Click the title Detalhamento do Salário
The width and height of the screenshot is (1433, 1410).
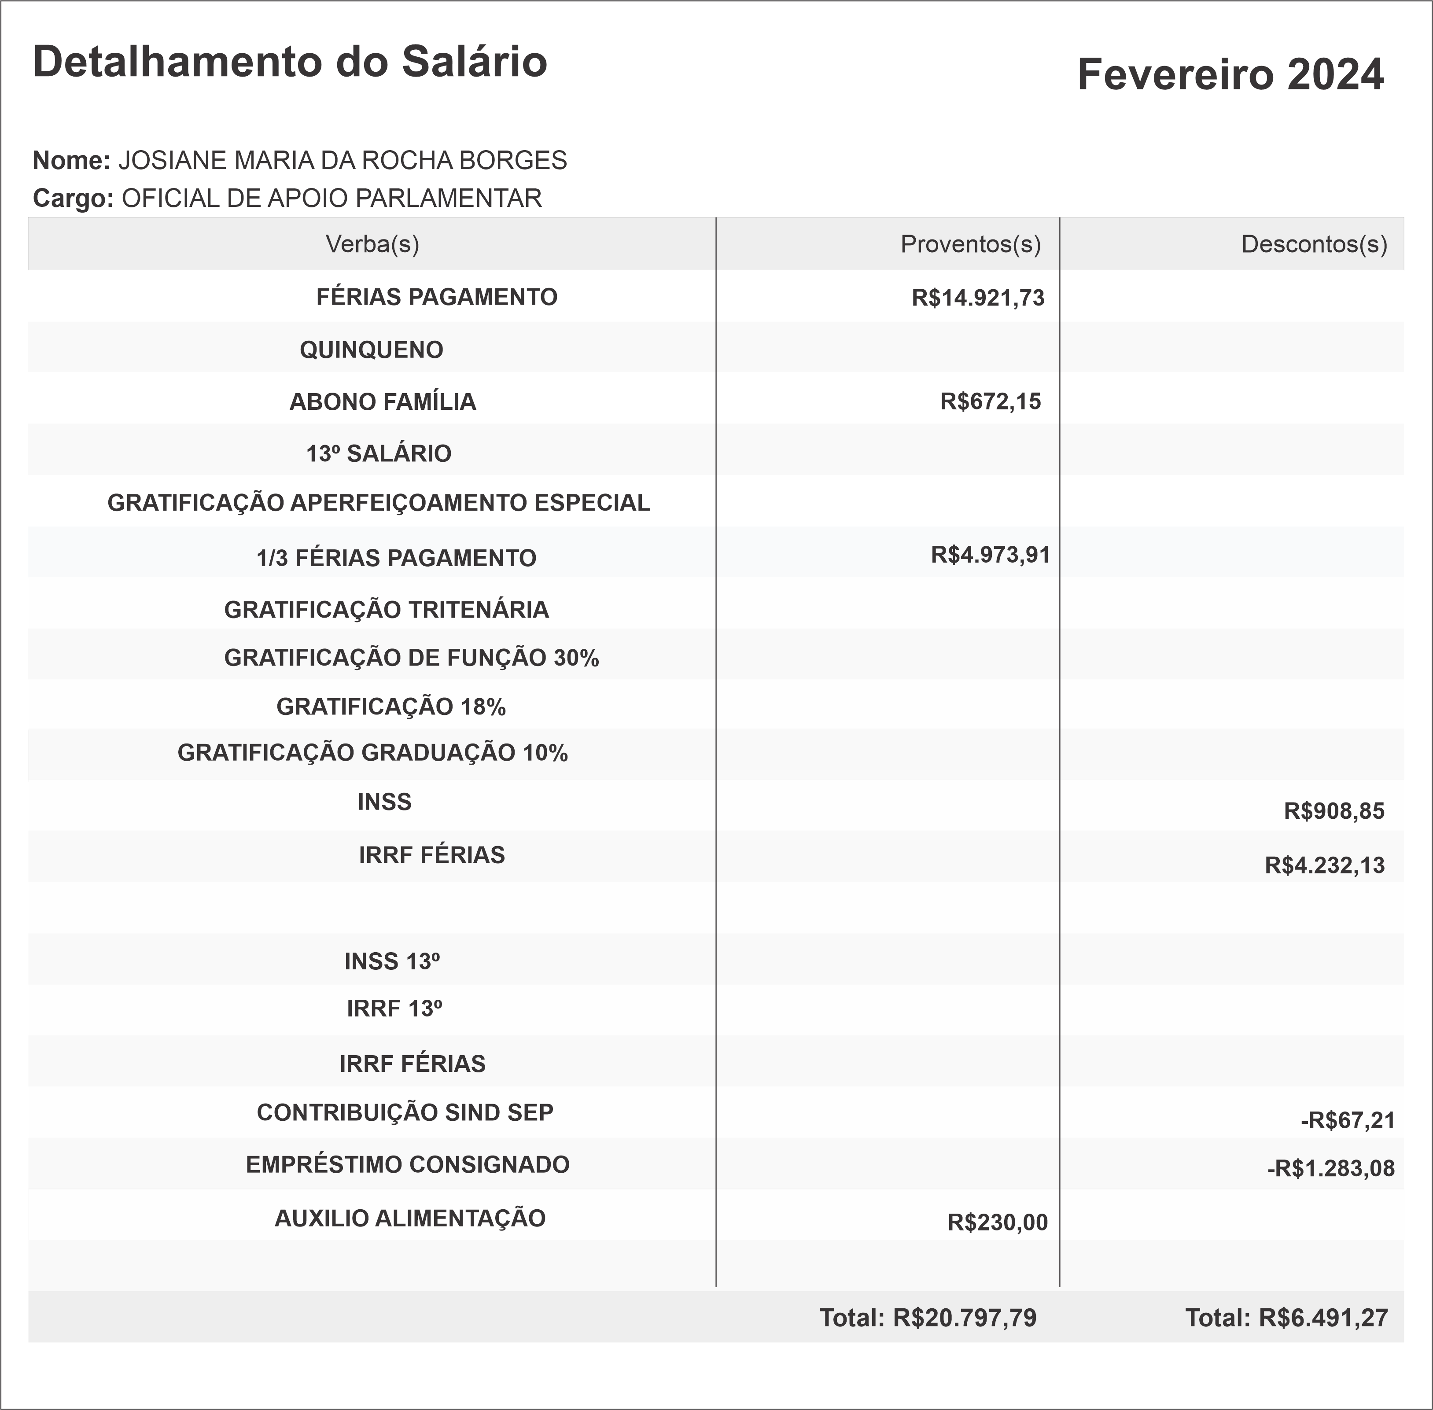click(x=290, y=62)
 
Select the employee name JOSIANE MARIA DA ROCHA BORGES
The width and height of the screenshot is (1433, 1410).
click(x=342, y=161)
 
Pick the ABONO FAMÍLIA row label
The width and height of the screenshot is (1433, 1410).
click(x=382, y=402)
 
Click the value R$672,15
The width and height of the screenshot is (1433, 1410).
click(x=990, y=402)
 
